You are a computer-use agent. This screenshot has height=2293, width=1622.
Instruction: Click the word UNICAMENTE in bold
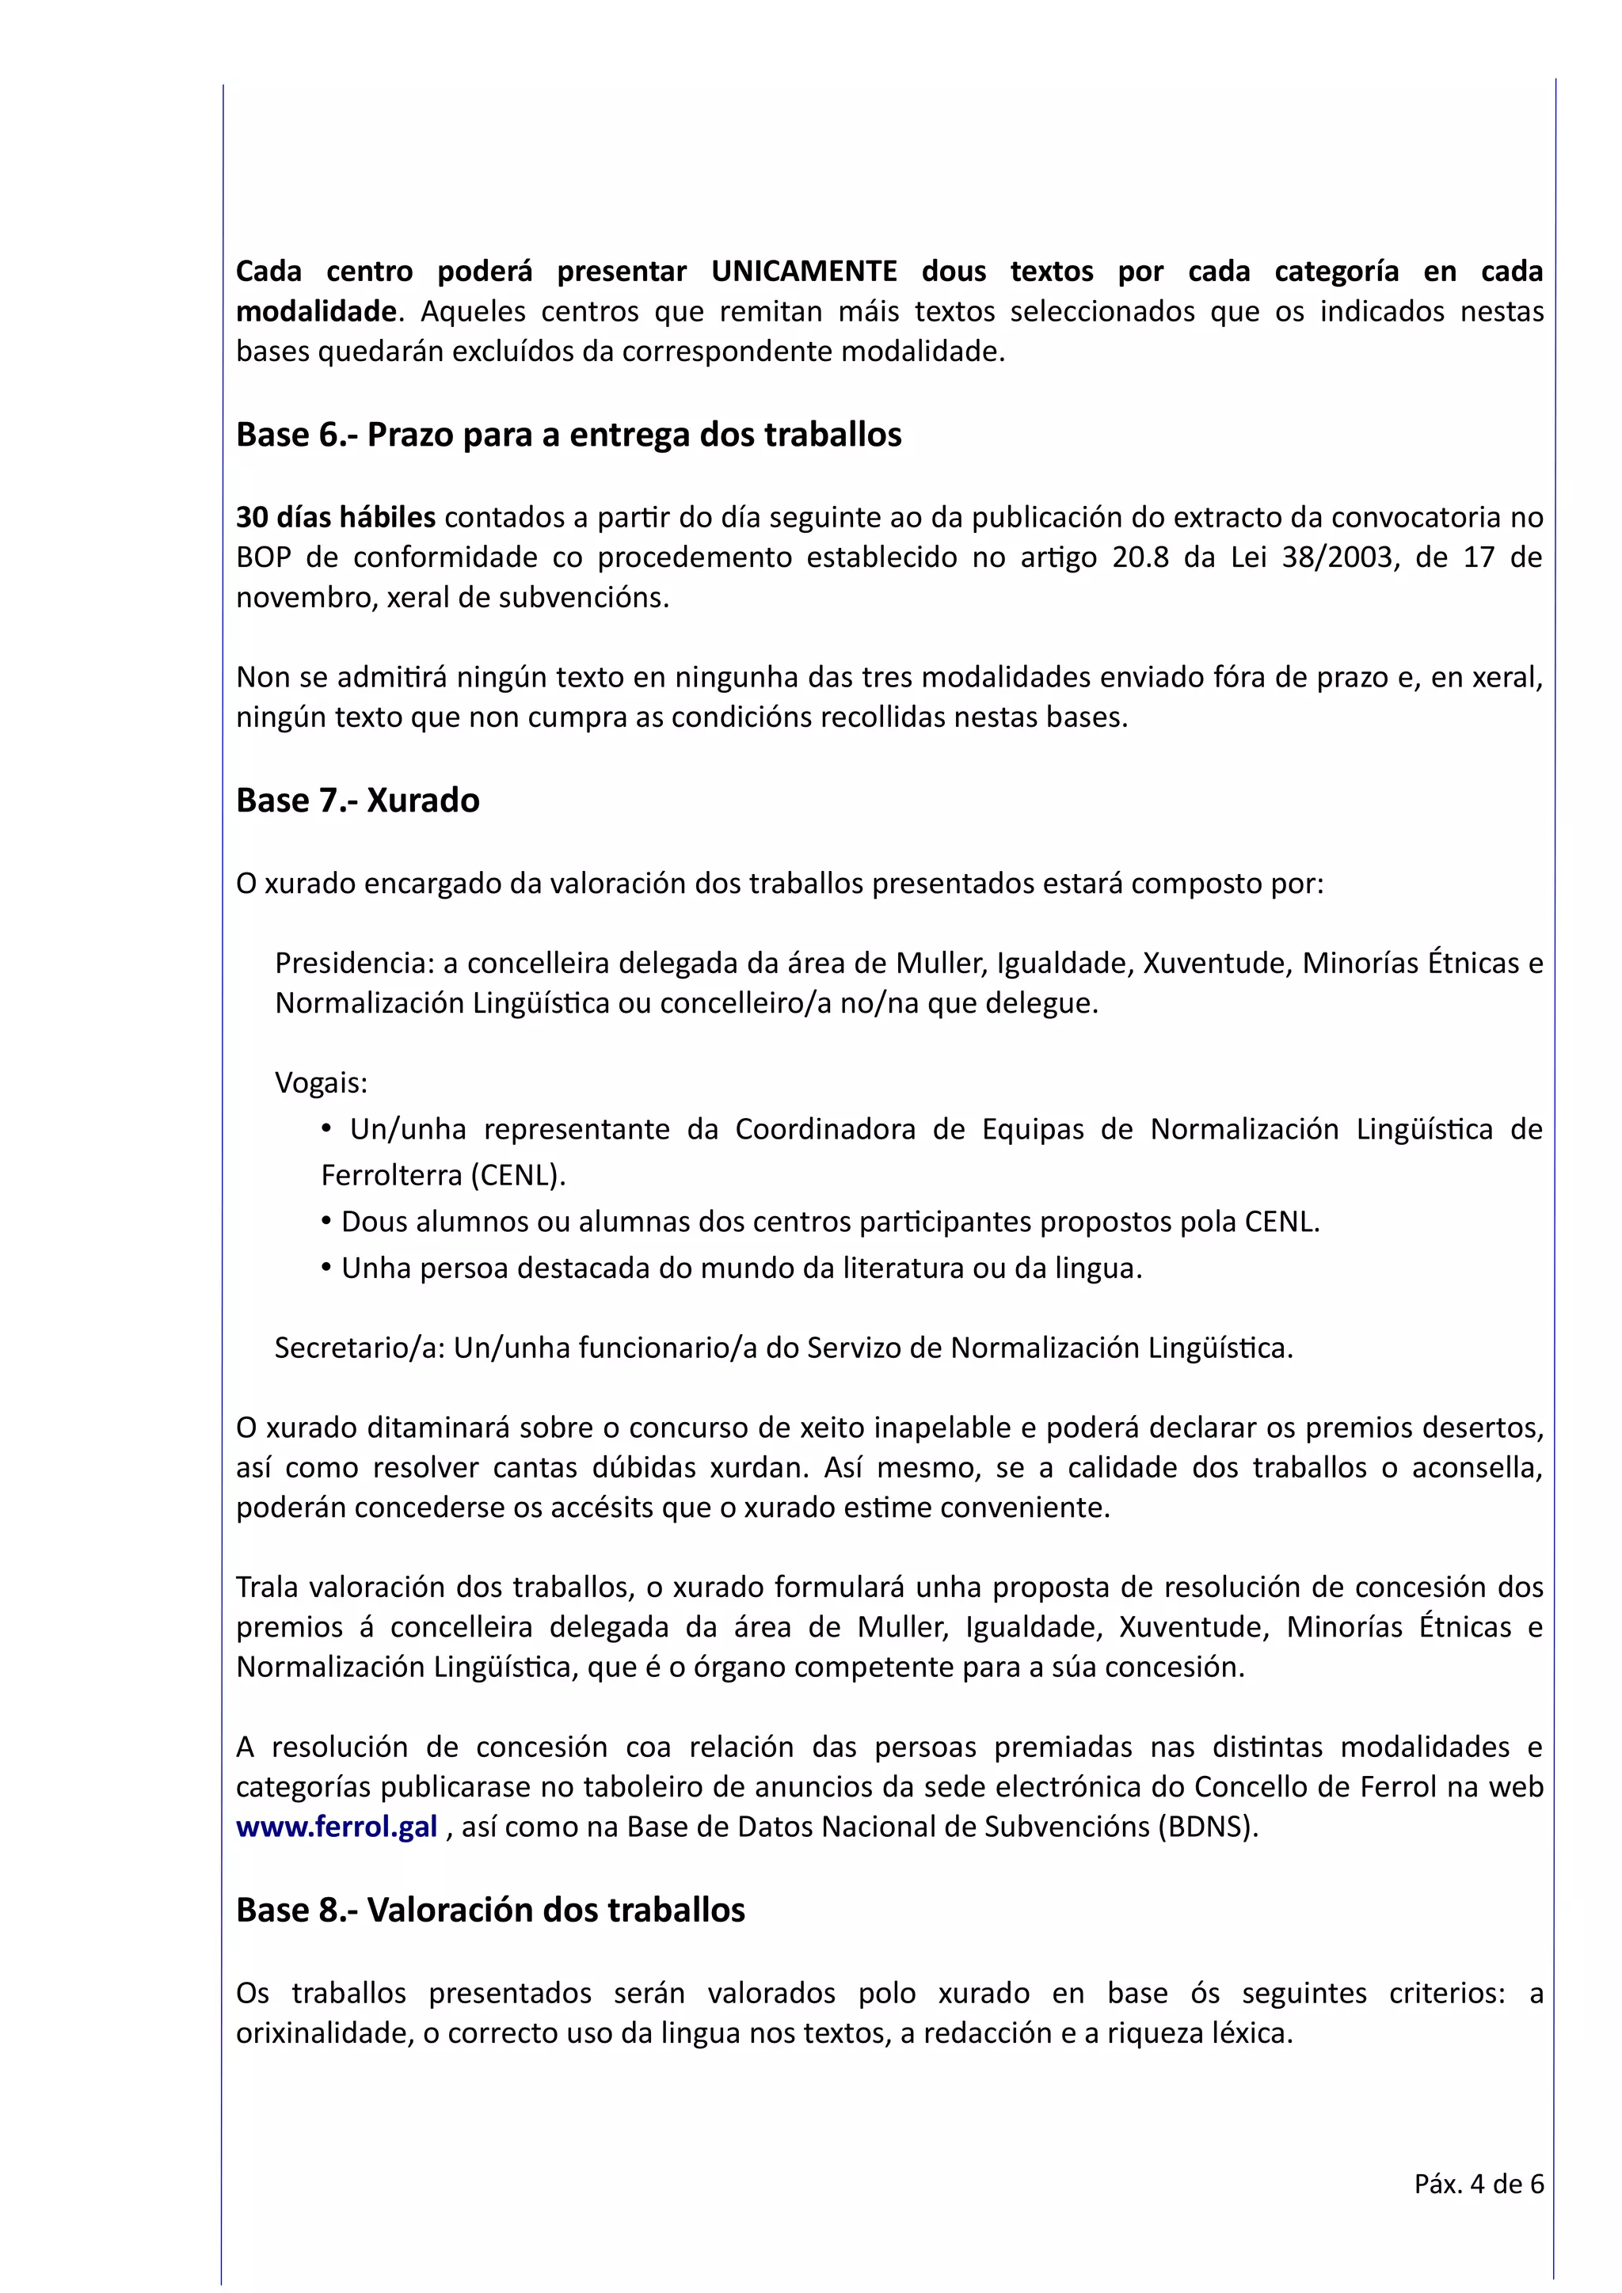803,272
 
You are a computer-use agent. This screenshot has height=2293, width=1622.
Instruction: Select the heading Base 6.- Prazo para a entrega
569,435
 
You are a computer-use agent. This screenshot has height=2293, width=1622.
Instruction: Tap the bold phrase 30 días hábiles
336,517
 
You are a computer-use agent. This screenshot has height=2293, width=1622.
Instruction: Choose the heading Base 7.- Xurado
357,801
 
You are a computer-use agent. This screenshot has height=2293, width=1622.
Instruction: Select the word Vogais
321,1082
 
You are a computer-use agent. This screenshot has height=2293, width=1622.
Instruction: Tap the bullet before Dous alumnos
326,1220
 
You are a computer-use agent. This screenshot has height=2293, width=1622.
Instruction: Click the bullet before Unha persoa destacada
326,1266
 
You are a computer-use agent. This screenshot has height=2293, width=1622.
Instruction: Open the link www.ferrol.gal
337,1827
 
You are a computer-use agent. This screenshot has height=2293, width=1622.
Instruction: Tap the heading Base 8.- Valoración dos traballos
490,1911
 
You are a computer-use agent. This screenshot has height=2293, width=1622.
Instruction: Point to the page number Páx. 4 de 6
1478,2185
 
